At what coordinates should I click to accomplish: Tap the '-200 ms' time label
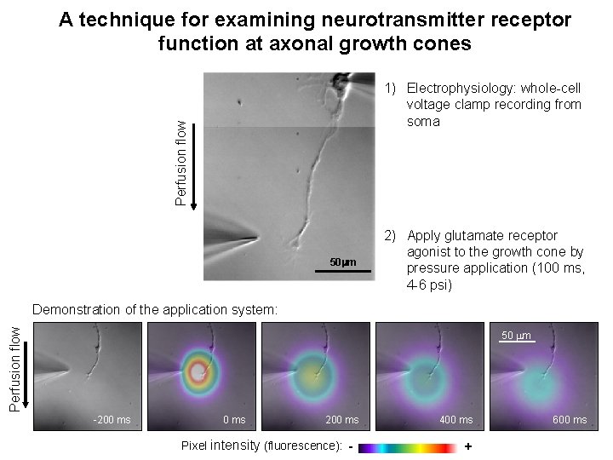click(x=112, y=420)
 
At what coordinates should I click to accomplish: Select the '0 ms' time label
click(x=234, y=420)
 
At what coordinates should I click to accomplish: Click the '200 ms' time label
click(x=342, y=420)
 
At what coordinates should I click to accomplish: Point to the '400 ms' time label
click(x=455, y=420)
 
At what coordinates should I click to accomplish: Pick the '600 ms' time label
click(x=570, y=420)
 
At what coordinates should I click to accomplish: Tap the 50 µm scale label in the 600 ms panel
click(x=516, y=336)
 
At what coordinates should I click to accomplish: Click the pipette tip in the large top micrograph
click(x=256, y=238)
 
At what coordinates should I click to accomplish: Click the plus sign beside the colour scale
click(x=468, y=446)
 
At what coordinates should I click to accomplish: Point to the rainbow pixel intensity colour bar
click(x=409, y=446)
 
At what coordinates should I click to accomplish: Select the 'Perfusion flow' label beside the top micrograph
click(x=180, y=162)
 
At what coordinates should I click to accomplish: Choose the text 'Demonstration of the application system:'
click(x=154, y=309)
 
